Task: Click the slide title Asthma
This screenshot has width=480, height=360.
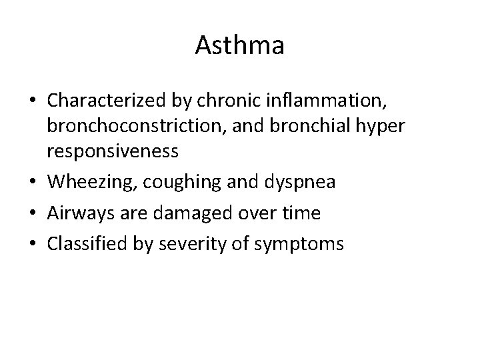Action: coord(240,46)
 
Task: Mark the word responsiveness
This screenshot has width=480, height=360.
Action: coord(112,152)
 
